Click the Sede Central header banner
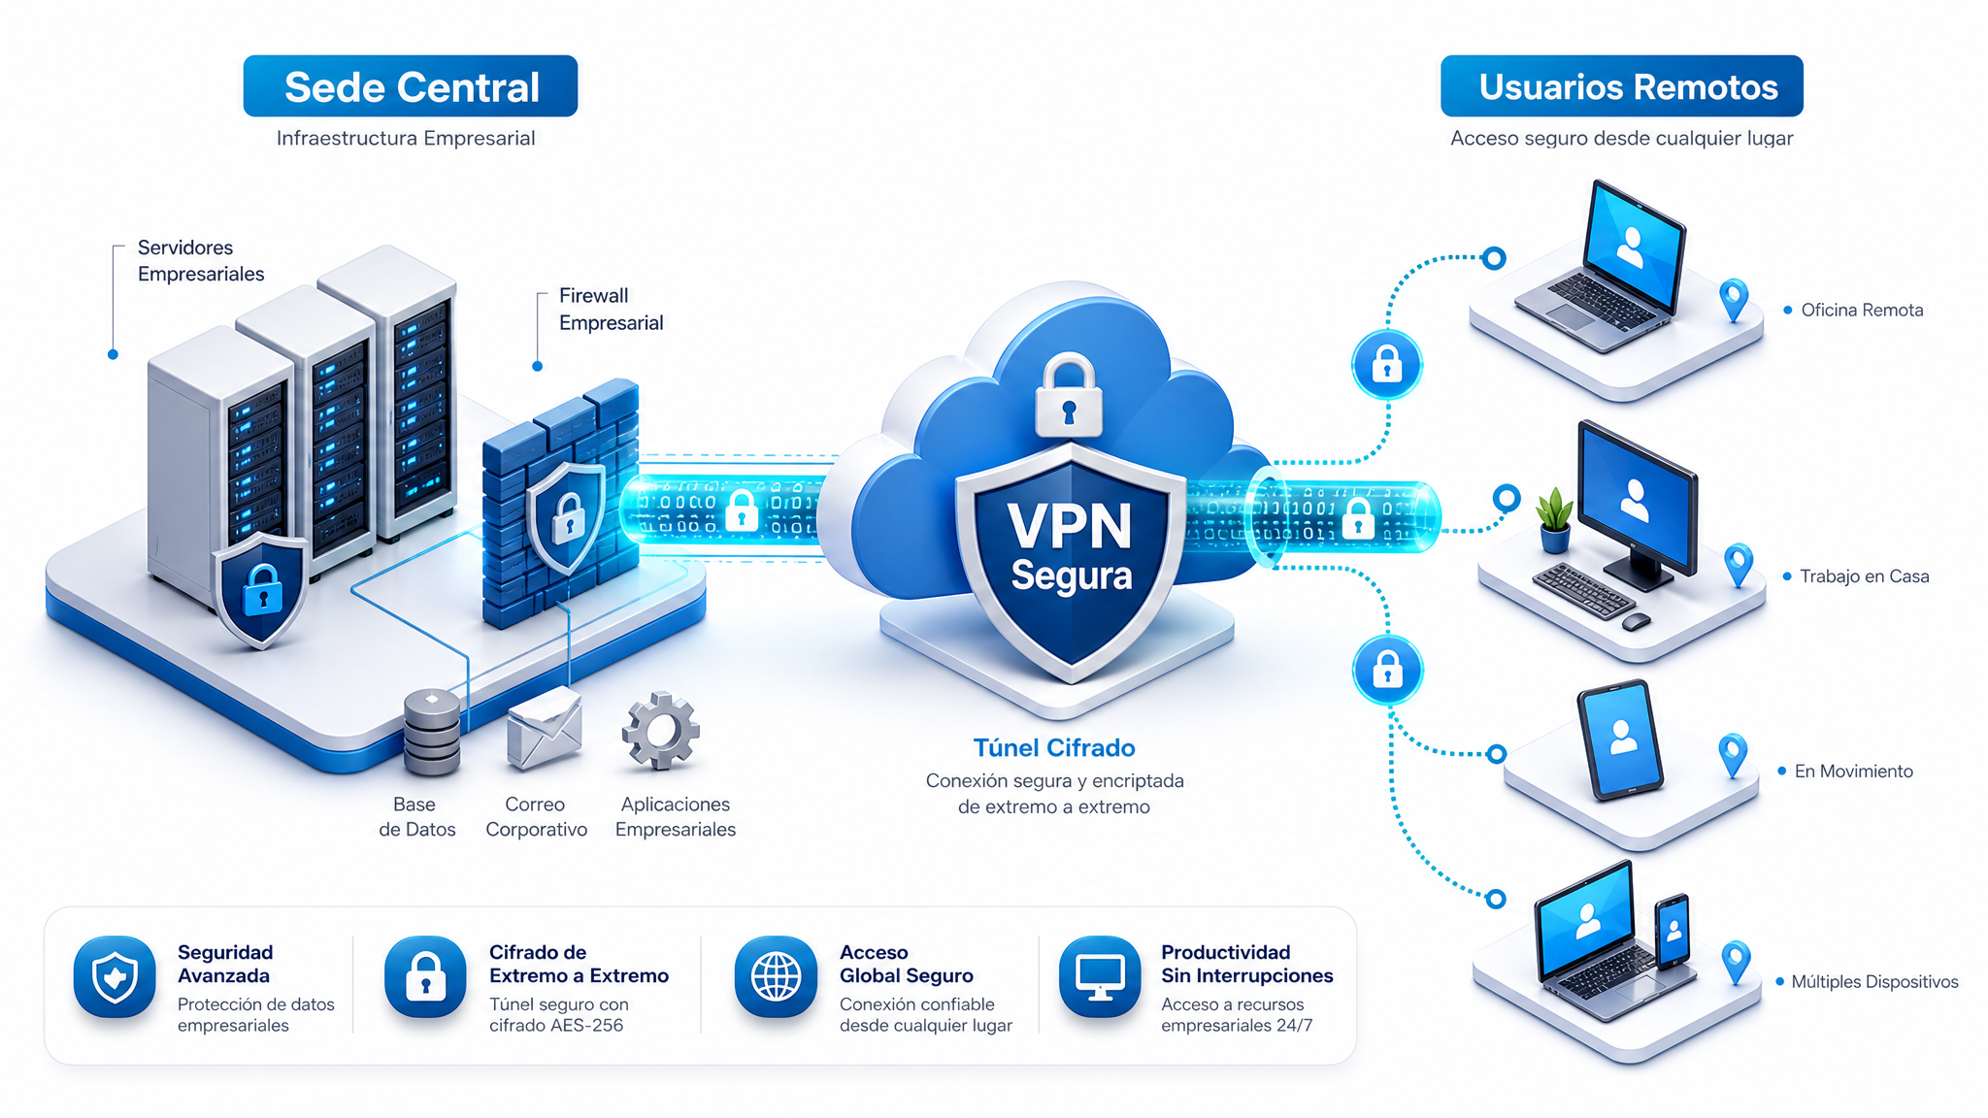coord(411,86)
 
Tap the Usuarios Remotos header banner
coord(1622,86)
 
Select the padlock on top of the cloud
coord(1069,395)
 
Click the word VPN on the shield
coord(1070,526)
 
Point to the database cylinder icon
coord(432,732)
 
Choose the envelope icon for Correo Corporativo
coord(545,729)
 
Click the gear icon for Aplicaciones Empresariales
coord(661,731)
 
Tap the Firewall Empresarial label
coord(612,309)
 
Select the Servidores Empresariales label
coord(201,260)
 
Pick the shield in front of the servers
coord(261,590)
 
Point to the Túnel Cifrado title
coord(1054,748)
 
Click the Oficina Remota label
coord(1862,311)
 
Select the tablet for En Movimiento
coord(1619,740)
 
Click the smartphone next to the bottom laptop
coord(1673,931)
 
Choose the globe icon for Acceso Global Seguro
coord(777,976)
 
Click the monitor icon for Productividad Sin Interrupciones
coord(1100,976)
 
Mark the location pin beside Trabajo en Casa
coord(1739,564)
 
